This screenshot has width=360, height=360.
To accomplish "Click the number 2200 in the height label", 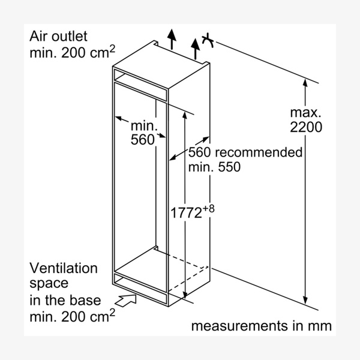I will [306, 127].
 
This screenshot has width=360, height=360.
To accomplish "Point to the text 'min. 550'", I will [214, 167].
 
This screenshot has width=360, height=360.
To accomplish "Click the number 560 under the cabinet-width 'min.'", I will [143, 140].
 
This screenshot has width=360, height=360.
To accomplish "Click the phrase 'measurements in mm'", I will [261, 326].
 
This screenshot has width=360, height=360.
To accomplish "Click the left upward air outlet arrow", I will [172, 37].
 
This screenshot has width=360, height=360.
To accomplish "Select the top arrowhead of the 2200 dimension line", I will [306, 84].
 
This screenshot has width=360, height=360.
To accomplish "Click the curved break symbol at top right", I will [208, 41].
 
